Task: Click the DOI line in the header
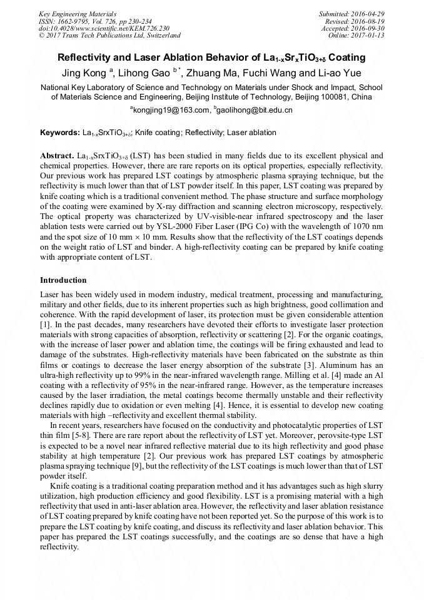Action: [x=104, y=28]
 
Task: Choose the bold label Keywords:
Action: [x=59, y=133]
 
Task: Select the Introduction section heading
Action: [x=63, y=280]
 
